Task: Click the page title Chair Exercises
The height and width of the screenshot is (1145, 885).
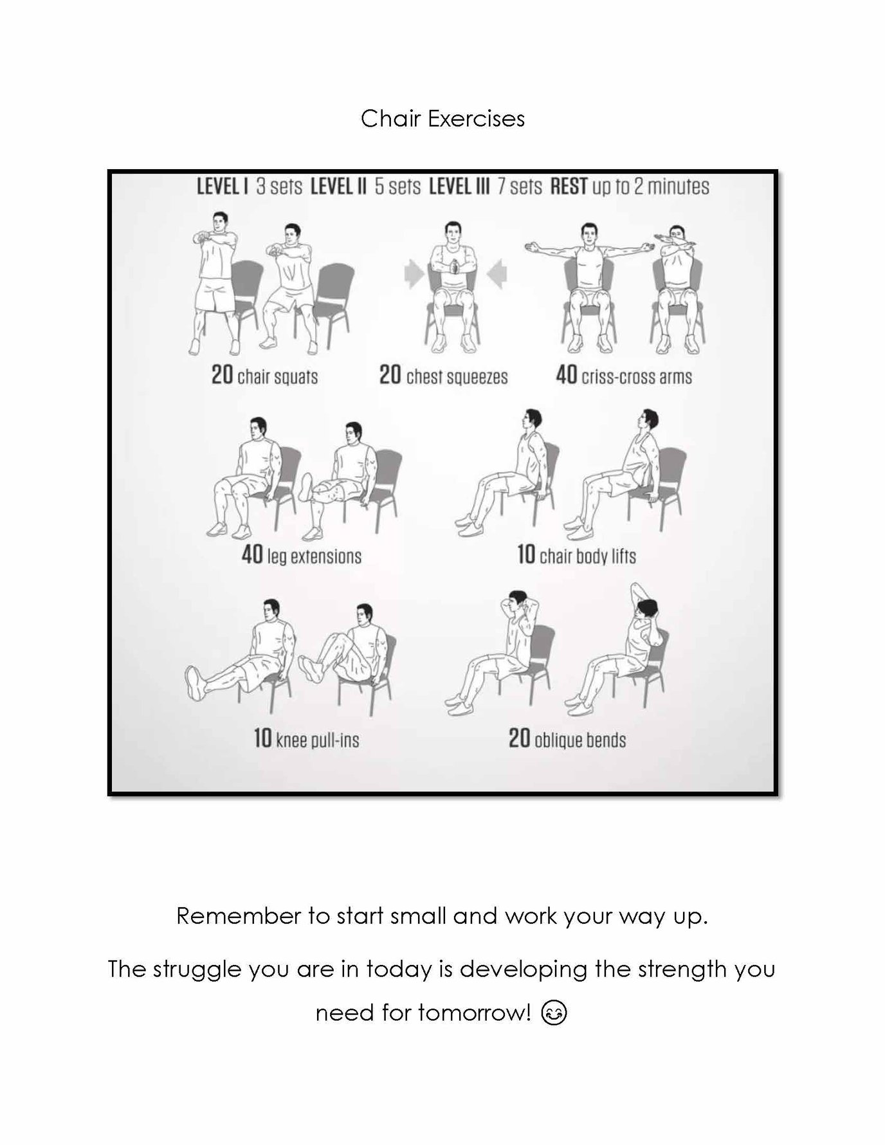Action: click(442, 119)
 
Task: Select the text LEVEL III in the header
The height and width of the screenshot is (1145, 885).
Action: click(459, 187)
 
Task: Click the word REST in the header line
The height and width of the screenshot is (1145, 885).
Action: click(569, 187)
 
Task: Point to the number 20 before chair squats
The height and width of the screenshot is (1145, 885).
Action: click(222, 375)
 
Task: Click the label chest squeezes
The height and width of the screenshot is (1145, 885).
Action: click(457, 377)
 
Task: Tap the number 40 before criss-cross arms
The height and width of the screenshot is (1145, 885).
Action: click(566, 375)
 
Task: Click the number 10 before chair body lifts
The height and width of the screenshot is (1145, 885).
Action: click(525, 554)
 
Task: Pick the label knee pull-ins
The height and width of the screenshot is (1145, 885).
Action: click(317, 740)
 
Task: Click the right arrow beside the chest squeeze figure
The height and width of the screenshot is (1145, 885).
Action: click(497, 274)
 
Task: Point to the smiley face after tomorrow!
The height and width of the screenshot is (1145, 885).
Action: click(554, 1014)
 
